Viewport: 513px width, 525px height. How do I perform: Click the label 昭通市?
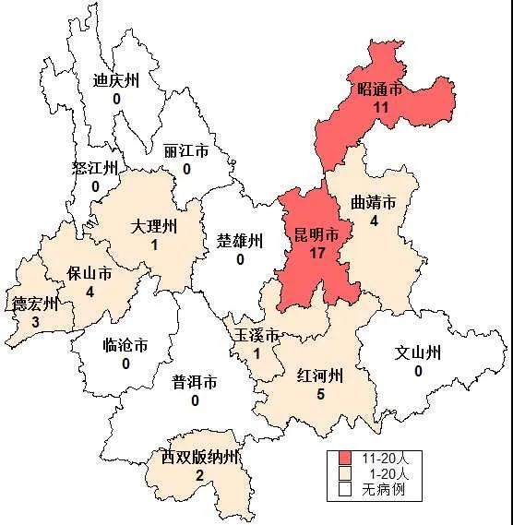(x=379, y=90)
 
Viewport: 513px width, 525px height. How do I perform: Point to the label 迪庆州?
(x=116, y=79)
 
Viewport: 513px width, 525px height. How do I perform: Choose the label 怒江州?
(x=95, y=168)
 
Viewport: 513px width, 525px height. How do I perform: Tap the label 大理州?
(x=153, y=227)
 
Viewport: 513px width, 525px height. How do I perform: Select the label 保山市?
(x=89, y=274)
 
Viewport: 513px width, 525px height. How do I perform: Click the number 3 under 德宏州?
(x=35, y=322)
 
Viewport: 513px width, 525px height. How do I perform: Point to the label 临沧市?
(x=125, y=347)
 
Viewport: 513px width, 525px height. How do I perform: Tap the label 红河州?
(x=320, y=376)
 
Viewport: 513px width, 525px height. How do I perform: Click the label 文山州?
(x=418, y=352)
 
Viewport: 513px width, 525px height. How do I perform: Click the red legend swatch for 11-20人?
(x=345, y=459)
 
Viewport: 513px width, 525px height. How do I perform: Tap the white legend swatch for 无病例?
(x=345, y=489)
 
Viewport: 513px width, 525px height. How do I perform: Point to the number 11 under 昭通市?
(x=379, y=108)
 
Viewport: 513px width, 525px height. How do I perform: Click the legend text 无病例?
(x=383, y=489)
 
